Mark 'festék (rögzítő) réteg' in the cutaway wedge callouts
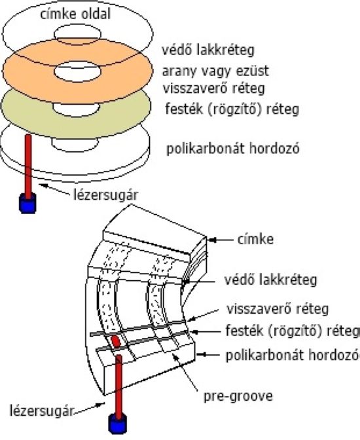[x=292, y=330]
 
